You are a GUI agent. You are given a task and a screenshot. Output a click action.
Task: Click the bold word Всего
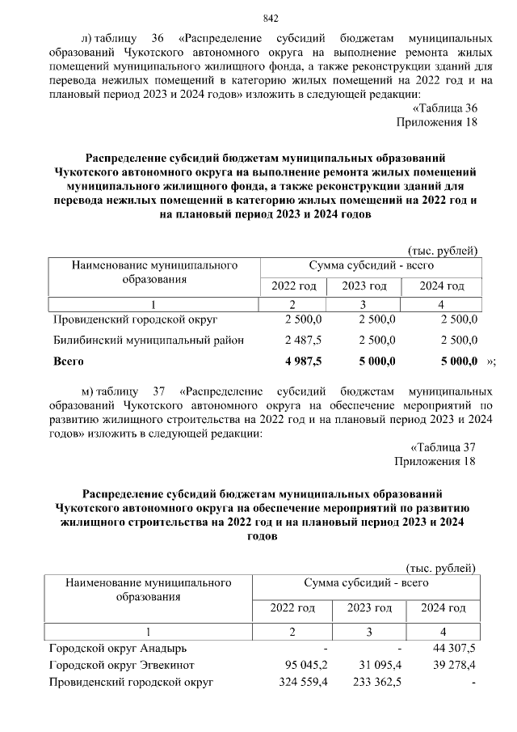[69, 361]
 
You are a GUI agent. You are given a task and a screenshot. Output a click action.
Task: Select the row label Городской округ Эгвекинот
[121, 666]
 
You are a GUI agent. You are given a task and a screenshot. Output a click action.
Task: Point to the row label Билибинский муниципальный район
[149, 341]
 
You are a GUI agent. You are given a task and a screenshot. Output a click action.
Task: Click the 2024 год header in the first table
[443, 286]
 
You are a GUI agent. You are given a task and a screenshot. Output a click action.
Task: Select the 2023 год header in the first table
[364, 286]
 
